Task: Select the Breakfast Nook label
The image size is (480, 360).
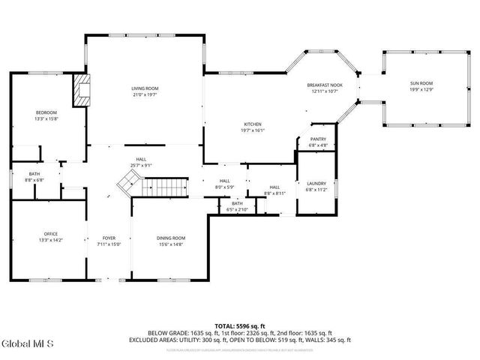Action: pyautogui.click(x=325, y=85)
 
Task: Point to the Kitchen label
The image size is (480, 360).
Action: pyautogui.click(x=252, y=124)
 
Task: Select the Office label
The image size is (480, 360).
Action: pyautogui.click(x=51, y=234)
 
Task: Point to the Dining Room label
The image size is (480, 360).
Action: pyautogui.click(x=171, y=238)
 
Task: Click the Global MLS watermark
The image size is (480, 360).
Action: pyautogui.click(x=27, y=343)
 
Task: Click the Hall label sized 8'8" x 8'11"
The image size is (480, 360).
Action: pyautogui.click(x=274, y=190)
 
